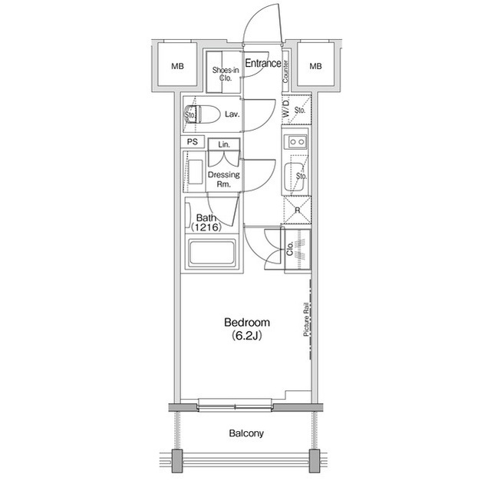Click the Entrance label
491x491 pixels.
pyautogui.click(x=262, y=64)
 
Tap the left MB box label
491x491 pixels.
pyautogui.click(x=177, y=67)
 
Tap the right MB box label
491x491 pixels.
pyautogui.click(x=315, y=67)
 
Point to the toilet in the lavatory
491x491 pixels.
pyautogui.click(x=196, y=115)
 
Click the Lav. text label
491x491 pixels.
pyautogui.click(x=232, y=114)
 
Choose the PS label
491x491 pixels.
pyautogui.click(x=192, y=142)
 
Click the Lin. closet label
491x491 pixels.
pyautogui.click(x=223, y=144)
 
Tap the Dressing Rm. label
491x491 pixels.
pyautogui.click(x=223, y=179)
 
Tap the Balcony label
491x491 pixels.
pyautogui.click(x=246, y=433)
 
